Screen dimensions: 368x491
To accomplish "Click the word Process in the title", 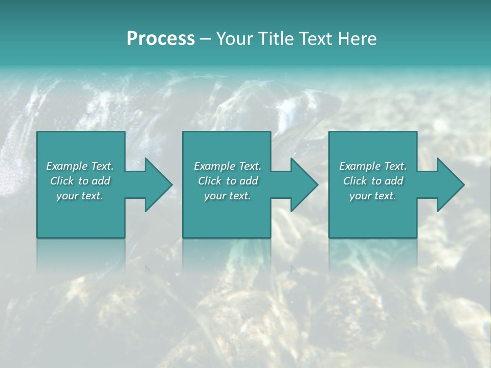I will pos(161,38).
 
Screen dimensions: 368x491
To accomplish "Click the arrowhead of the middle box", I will pos(303,185).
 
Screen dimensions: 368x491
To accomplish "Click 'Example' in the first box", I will pos(67,166).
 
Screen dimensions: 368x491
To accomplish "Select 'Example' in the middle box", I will pos(215,166).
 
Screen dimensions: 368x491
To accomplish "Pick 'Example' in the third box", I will pos(360,166).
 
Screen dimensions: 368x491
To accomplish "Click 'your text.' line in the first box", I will pos(80,196).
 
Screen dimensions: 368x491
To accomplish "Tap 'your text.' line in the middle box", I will pos(228,196).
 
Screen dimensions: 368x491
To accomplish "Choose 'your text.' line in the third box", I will pos(373,196).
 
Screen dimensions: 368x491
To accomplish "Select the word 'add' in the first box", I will pos(101,181).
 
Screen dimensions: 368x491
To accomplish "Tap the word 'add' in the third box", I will pos(394,181).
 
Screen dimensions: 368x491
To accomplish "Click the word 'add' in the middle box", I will pos(249,181).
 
